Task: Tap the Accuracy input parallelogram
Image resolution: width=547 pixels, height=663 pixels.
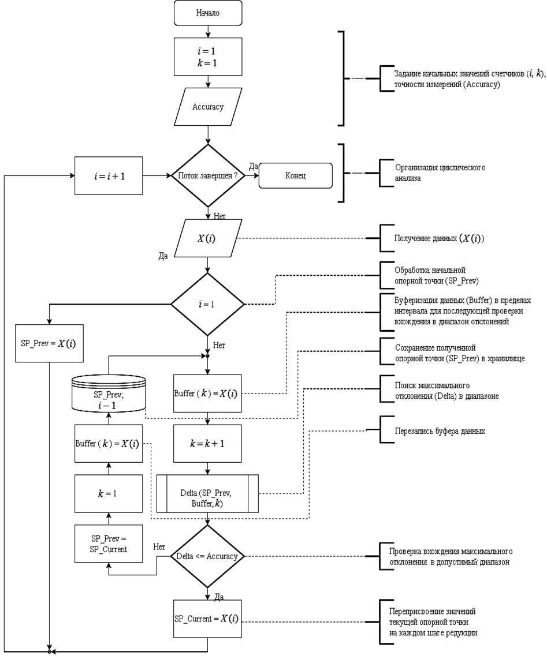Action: (207, 107)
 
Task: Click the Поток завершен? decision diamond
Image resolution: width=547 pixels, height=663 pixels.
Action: (207, 175)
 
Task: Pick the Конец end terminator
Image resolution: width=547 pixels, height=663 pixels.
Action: (296, 175)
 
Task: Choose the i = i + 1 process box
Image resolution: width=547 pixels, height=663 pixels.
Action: (109, 175)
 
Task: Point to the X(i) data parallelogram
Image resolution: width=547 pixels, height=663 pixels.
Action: (207, 238)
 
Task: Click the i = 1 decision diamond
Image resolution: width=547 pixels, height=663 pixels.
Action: (207, 304)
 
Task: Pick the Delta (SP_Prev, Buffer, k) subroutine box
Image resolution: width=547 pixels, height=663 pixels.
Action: (207, 493)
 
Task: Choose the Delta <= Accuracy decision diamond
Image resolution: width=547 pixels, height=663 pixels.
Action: (207, 556)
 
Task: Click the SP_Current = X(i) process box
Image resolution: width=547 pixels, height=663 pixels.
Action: (207, 619)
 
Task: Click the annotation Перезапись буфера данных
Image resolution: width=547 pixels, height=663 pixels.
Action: (431, 431)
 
